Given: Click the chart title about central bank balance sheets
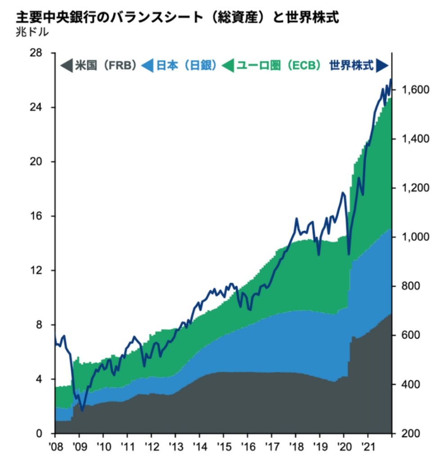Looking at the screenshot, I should (177, 17).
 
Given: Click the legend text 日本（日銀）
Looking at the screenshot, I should (186, 66).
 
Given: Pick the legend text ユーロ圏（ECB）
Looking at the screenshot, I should (279, 66).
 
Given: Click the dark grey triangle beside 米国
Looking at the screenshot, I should (66, 66).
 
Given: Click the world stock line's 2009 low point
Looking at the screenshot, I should (82, 410).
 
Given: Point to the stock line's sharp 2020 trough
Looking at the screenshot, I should (348, 254).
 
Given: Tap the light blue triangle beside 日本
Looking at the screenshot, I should (148, 66).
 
